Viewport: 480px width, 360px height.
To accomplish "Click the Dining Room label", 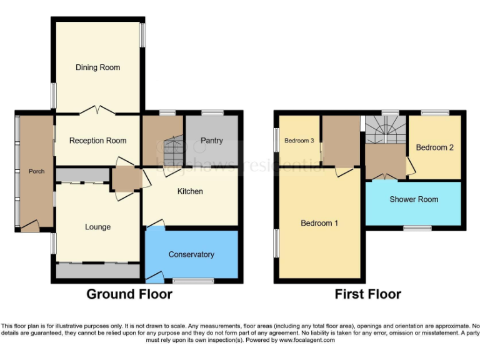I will pos(97,67).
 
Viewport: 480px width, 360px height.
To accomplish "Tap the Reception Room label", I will pos(97,141).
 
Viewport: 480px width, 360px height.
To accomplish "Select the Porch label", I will pos(37,171).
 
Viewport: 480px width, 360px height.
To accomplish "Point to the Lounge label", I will pos(97,227).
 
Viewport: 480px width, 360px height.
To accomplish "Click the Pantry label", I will pos(212,141).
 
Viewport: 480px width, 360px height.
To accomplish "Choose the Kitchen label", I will pos(190,191).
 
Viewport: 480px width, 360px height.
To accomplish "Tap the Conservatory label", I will pos(191,254).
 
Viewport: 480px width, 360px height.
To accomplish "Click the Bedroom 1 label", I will pos(319,223).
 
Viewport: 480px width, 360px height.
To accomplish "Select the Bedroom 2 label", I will pos(434,147).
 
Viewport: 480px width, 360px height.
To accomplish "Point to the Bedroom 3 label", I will pos(299,141).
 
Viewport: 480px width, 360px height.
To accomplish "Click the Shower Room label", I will pos(414,199).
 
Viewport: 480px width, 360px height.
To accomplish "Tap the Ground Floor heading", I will pos(129,294).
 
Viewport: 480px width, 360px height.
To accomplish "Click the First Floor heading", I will pos(368,294).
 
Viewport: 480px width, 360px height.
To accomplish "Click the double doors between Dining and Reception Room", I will pos(97,111).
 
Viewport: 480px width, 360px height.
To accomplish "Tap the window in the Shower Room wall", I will pos(417,228).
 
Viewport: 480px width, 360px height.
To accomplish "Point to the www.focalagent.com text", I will pos(306,341).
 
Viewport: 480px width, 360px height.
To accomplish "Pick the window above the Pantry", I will pos(212,112).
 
